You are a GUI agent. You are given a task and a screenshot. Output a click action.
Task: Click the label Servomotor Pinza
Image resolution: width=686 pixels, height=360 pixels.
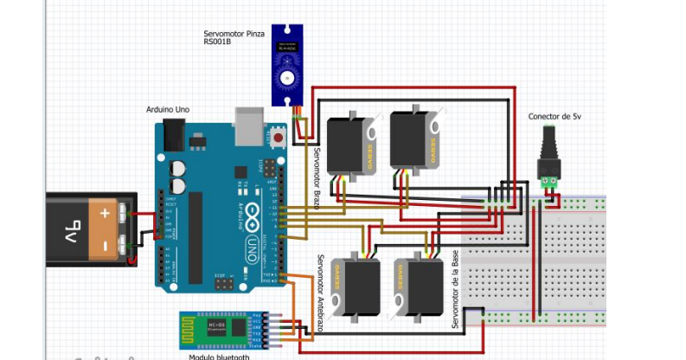coord(234,33)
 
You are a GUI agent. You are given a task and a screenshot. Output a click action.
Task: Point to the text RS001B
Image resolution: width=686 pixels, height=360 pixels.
coord(215,42)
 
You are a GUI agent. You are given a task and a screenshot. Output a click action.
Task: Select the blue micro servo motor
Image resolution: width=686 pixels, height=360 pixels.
coord(285,64)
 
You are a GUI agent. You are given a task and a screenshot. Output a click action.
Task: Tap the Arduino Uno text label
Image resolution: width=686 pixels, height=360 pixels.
coord(168,110)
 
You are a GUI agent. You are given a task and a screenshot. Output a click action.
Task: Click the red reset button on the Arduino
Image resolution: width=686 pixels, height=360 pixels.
coord(279,136)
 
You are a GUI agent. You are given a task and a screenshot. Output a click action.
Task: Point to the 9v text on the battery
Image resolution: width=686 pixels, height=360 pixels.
coord(73,229)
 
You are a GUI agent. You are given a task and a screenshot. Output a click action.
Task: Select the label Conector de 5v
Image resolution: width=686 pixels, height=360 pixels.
coord(555,116)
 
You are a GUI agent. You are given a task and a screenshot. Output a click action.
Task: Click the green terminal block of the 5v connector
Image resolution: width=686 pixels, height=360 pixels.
coord(548,183)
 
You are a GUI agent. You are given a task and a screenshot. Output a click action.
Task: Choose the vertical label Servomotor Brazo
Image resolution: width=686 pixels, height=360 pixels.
coord(317,177)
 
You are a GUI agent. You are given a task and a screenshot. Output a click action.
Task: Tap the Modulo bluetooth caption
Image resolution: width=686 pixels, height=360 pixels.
coord(219,356)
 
